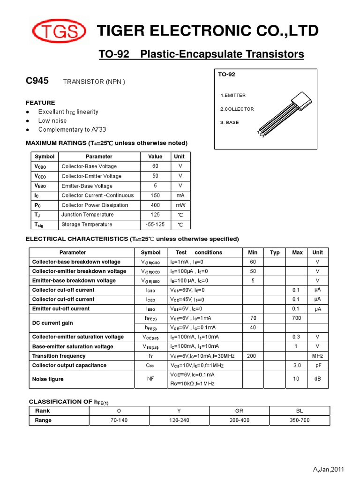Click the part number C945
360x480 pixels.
[37, 81]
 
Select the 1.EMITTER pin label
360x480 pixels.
[233, 95]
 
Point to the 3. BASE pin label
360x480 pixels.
[229, 122]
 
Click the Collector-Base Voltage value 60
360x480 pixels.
[155, 166]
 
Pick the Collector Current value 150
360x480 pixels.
[155, 195]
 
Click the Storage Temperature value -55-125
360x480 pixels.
[155, 225]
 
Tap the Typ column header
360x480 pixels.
[275, 253]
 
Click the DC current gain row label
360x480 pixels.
[52, 323]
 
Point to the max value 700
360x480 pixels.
[297, 318]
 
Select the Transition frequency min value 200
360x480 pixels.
[251, 356]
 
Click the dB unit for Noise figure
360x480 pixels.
[317, 379]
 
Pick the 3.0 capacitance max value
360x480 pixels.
[297, 366]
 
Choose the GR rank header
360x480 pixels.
[239, 411]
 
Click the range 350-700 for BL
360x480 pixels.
[300, 420]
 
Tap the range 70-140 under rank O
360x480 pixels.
[119, 420]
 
